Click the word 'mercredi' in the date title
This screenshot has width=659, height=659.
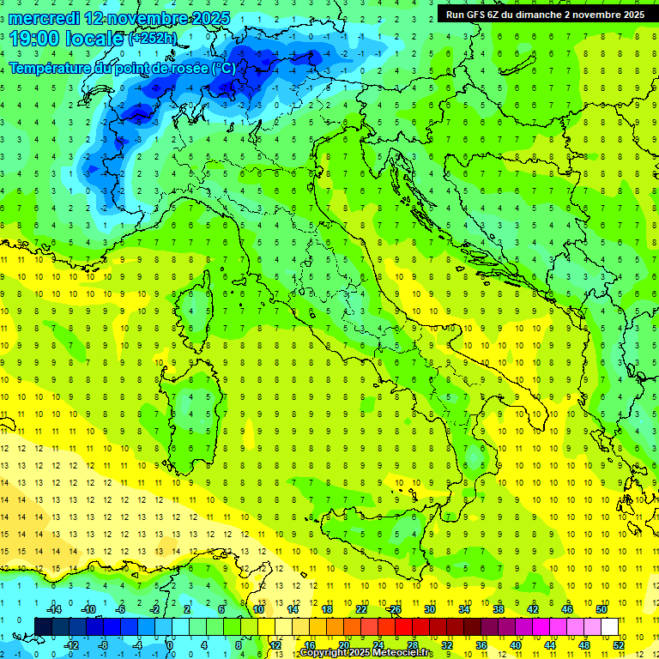45,18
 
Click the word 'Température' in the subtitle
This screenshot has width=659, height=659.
53,68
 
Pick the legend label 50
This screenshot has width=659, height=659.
602,609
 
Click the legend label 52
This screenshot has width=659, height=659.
618,645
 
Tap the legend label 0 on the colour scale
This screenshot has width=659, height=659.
170,645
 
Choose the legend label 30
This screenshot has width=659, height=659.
429,609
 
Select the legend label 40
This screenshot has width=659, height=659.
515,645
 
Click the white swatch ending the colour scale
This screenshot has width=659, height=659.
609,626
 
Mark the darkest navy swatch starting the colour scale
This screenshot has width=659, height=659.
43,626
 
